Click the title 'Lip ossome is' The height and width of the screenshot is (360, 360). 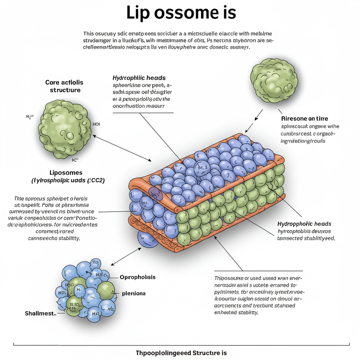coord(181,13)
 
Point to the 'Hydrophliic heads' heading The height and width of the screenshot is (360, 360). coord(139,78)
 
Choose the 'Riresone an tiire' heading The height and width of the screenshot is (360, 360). coord(304,119)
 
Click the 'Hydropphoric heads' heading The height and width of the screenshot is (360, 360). coord(304,224)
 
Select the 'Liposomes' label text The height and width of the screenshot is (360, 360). coord(66,173)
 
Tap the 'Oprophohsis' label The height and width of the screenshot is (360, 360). coord(137,277)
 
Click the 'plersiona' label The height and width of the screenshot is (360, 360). coord(134,293)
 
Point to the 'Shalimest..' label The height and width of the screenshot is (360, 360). coord(41,313)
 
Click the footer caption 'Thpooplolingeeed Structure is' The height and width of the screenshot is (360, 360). coord(181,353)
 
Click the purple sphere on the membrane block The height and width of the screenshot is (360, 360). coord(156,194)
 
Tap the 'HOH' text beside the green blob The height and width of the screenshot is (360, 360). coord(96,124)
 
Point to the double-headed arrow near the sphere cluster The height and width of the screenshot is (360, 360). coord(126,256)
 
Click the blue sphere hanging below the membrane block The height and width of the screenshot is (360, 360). coord(147,239)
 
